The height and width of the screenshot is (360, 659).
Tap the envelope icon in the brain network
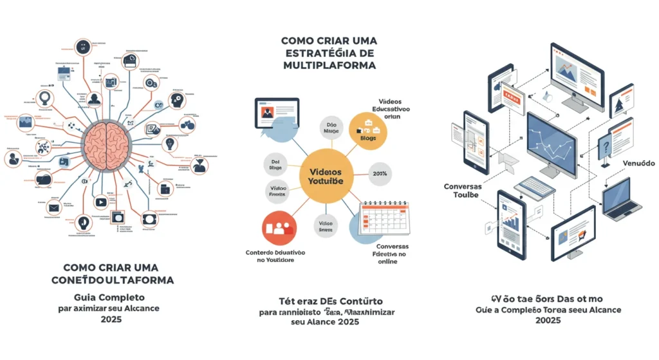click(53, 207)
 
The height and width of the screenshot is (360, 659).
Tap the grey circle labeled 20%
click(379, 174)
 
